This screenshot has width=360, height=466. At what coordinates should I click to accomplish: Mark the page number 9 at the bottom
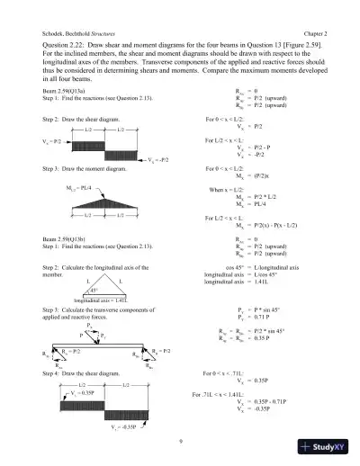click(x=180, y=440)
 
